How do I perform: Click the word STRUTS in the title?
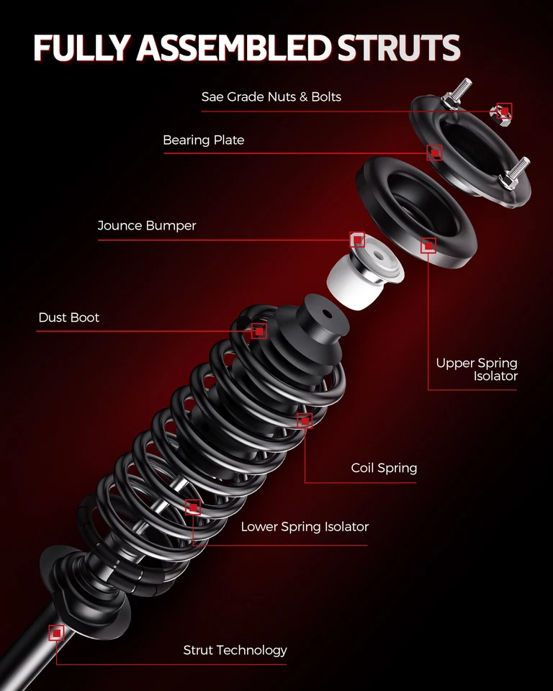tap(398, 48)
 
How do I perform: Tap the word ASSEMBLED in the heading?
tap(234, 48)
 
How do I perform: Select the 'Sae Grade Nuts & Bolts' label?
tap(271, 96)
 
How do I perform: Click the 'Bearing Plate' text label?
tap(203, 140)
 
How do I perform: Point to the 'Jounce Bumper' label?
tap(147, 226)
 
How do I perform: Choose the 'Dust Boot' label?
tap(69, 317)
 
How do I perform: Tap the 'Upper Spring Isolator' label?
tap(477, 369)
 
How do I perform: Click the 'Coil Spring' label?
tap(384, 468)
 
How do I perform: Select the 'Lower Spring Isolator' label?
tap(305, 527)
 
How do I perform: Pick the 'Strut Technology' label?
tap(235, 651)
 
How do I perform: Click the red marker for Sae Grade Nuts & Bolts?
tap(505, 110)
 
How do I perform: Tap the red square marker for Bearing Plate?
tap(434, 153)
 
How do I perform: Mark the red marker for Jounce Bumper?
tap(357, 240)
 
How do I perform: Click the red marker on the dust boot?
tap(258, 331)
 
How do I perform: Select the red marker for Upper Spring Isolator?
tap(428, 246)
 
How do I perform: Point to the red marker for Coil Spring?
tap(305, 420)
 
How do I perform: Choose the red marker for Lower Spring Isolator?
tap(192, 507)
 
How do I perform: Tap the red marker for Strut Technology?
tap(56, 633)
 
